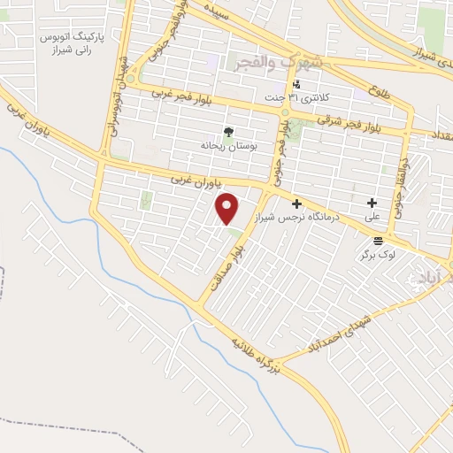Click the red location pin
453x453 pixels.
point(228,208)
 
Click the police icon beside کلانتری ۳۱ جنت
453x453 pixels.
point(296,84)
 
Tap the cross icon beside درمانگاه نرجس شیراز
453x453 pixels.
point(297,203)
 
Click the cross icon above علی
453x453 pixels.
point(372,203)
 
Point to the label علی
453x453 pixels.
point(372,216)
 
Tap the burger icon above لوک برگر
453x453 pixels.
point(378,240)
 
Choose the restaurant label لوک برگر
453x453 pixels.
point(376,254)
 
